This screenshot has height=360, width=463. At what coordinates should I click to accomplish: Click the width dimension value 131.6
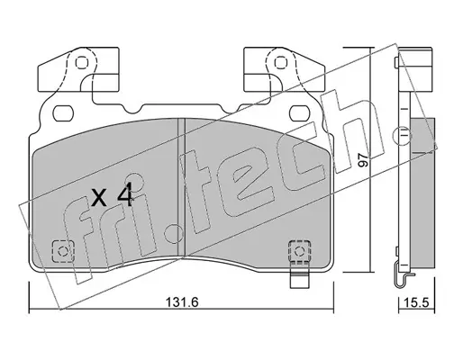click(x=182, y=301)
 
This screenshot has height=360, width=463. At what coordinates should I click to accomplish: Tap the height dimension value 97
click(x=364, y=160)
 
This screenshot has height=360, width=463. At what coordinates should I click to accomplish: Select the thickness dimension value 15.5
click(x=416, y=302)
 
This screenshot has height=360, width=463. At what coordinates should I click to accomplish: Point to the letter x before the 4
click(x=99, y=198)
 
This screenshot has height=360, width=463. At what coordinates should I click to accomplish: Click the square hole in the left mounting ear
click(x=82, y=63)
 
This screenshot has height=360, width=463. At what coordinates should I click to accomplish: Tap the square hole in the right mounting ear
click(x=281, y=63)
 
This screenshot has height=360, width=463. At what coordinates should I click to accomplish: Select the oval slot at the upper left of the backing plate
click(x=63, y=113)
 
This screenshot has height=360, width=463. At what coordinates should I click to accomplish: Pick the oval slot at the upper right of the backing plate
click(x=300, y=113)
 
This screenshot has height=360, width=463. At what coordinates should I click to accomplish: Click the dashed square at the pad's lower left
click(x=63, y=251)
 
